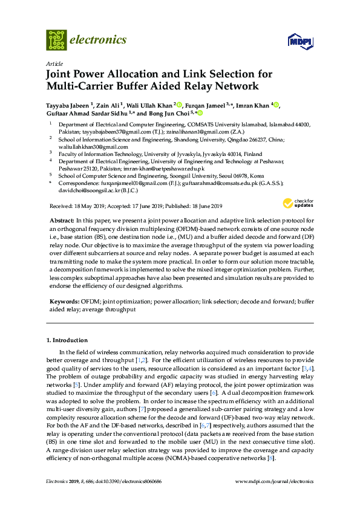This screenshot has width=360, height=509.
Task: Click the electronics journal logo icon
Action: [x=56, y=39]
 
